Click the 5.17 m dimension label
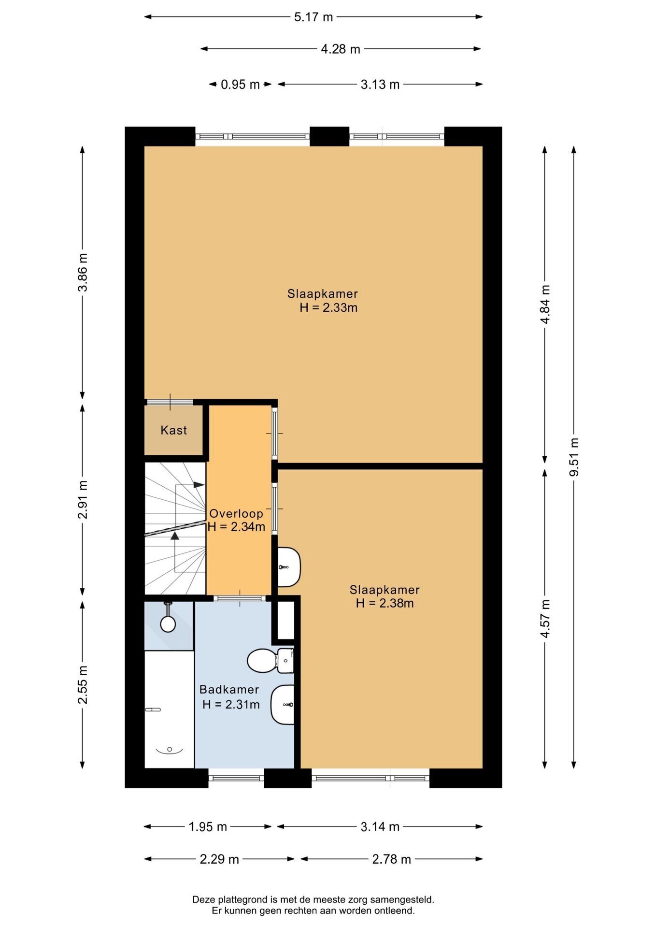click(x=314, y=17)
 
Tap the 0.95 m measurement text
click(x=240, y=85)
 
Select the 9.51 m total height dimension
click(x=574, y=457)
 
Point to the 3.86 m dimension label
click(x=83, y=272)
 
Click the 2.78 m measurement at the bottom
click(x=391, y=859)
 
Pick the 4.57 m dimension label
click(x=545, y=619)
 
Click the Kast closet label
click(x=174, y=430)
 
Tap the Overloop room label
click(x=236, y=513)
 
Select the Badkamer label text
click(x=229, y=690)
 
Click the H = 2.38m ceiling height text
click(x=385, y=603)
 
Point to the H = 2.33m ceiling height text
click(x=328, y=308)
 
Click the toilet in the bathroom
click(x=271, y=661)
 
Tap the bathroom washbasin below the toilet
click(x=283, y=705)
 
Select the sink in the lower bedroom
click(x=289, y=567)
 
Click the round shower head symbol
click(x=168, y=623)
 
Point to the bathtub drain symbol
click(x=170, y=750)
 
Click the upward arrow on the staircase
click(x=175, y=535)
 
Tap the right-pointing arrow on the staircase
click(x=199, y=485)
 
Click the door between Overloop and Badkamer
click(x=240, y=598)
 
